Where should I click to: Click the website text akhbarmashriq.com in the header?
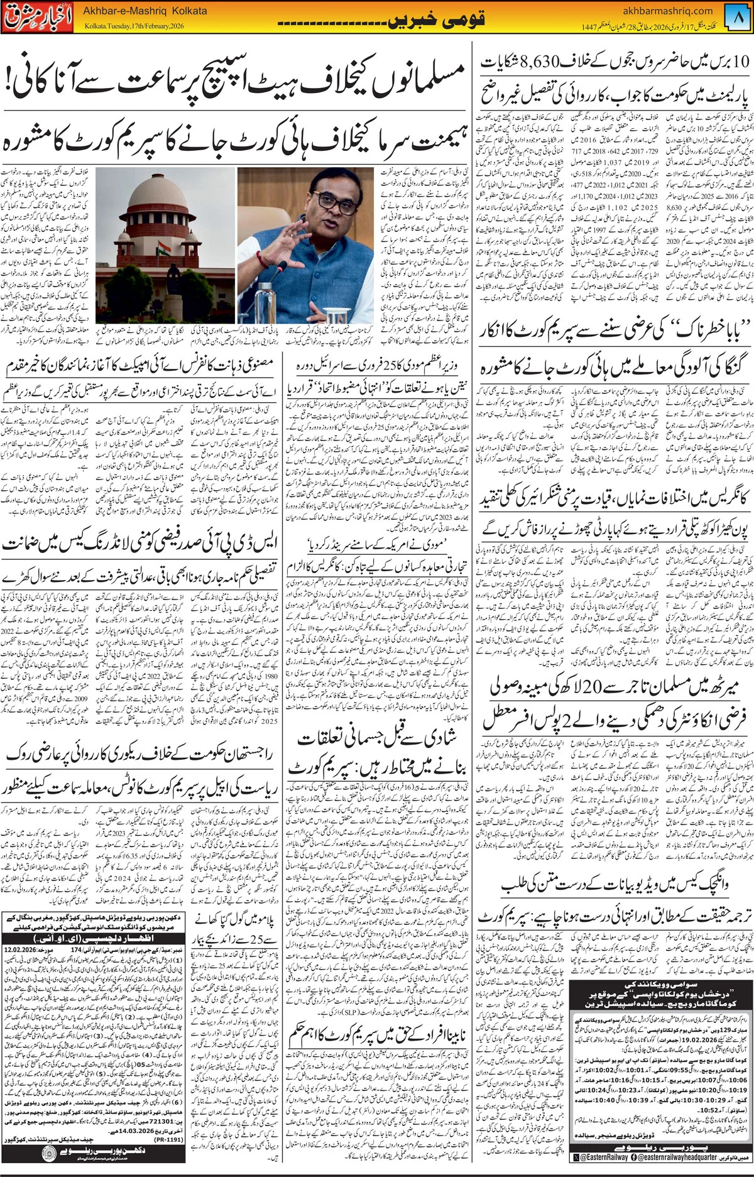pyautogui.click(x=668, y=11)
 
